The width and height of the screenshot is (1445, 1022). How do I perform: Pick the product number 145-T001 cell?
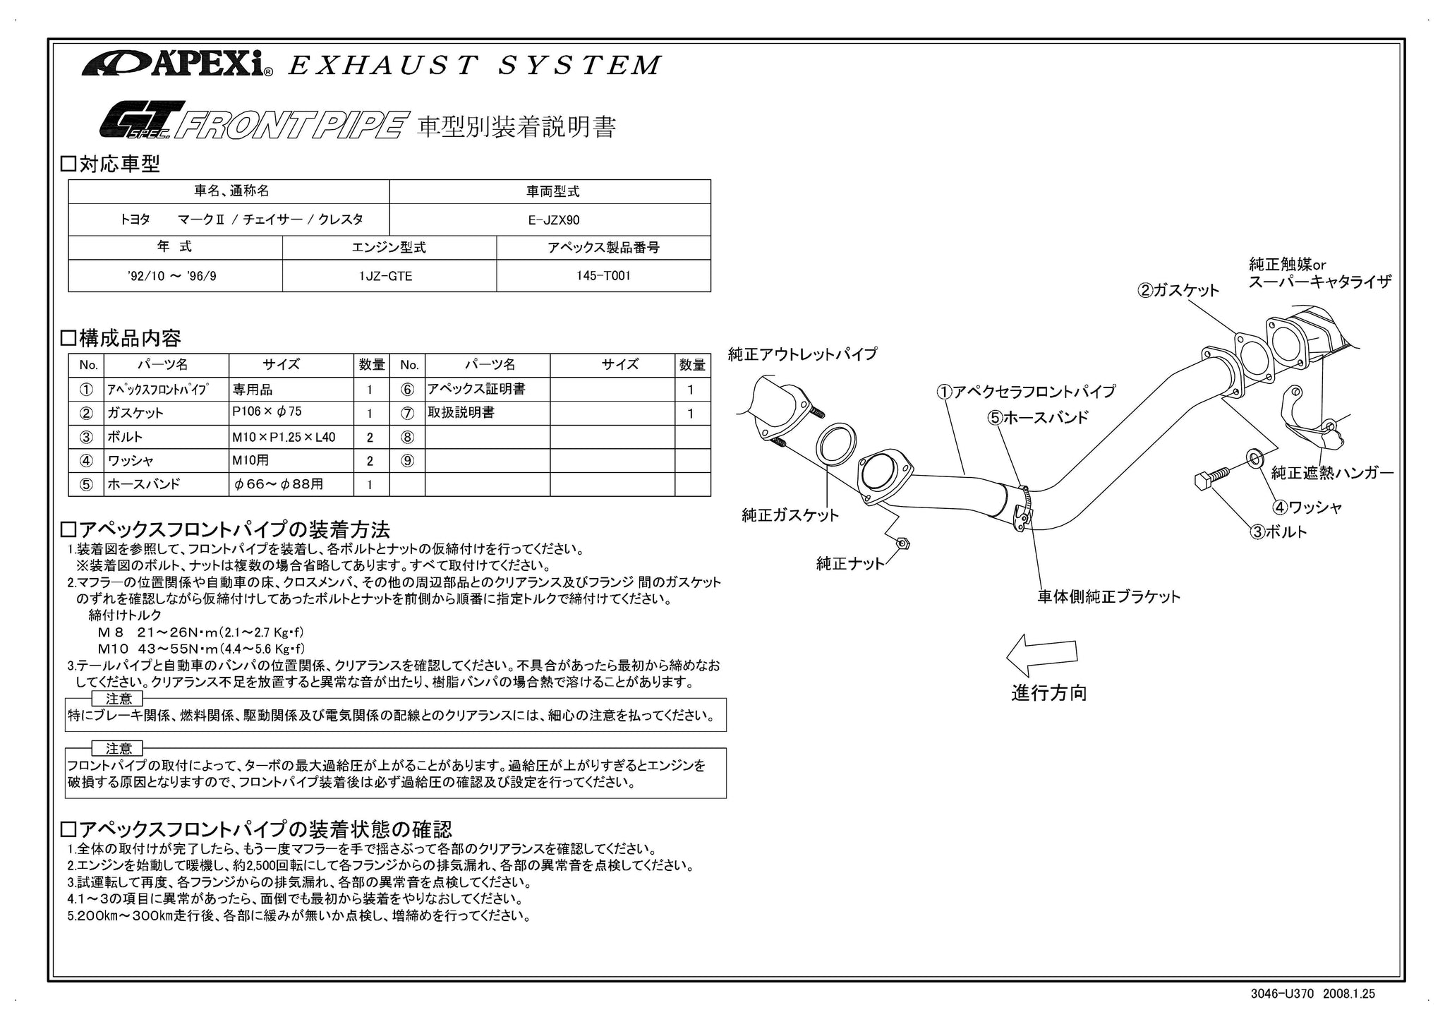coord(603,276)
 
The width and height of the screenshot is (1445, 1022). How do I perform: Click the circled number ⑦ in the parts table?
coord(407,414)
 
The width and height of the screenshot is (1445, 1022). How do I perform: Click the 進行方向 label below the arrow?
coord(1048,693)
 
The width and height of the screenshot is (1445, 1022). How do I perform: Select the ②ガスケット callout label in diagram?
coord(1178,291)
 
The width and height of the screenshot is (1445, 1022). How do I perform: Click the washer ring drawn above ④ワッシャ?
coord(1256,459)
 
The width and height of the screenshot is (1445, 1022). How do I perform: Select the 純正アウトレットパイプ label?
coord(802,354)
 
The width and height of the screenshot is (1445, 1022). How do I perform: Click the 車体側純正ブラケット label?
coord(1108,597)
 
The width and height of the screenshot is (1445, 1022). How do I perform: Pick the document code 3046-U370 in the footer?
coord(1281,994)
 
